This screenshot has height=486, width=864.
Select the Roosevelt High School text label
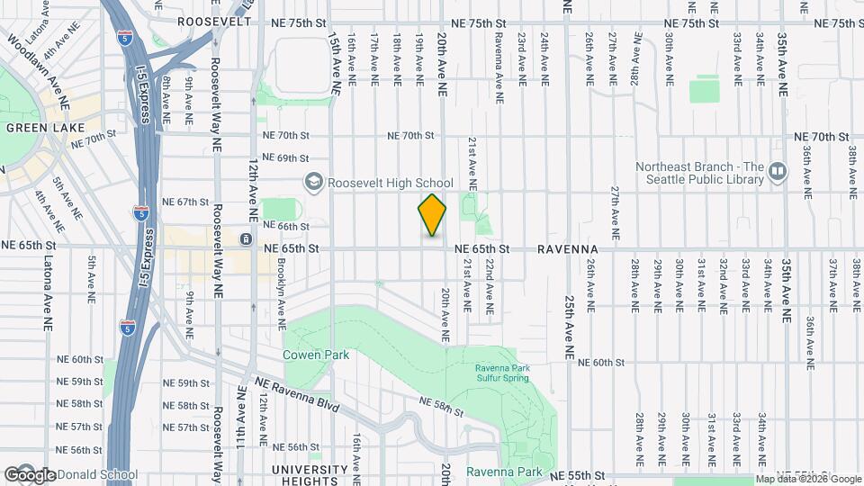tap(390, 183)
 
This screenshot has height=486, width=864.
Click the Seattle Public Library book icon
tap(778, 168)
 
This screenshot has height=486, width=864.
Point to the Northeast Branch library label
tap(699, 173)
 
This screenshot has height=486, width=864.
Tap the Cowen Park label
tap(316, 355)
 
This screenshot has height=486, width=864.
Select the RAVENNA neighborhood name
tap(569, 247)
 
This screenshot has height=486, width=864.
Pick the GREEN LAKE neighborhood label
tap(33, 128)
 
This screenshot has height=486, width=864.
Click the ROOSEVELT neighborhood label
tap(214, 21)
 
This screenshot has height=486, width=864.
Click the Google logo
tap(31, 475)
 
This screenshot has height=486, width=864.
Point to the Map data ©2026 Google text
tap(808, 479)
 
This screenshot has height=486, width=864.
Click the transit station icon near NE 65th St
tap(246, 239)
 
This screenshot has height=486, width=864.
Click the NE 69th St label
tap(285, 158)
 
